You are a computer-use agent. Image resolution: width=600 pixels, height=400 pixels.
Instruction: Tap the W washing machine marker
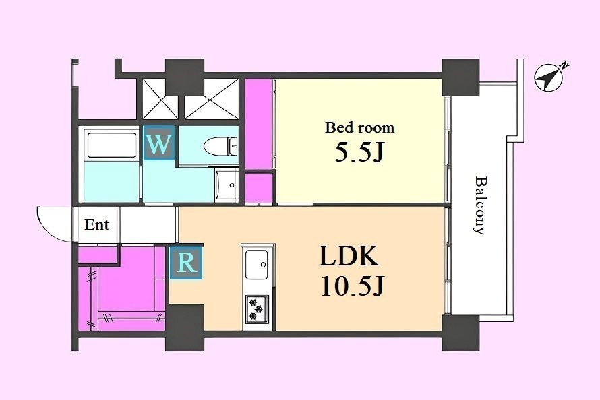click(159, 143)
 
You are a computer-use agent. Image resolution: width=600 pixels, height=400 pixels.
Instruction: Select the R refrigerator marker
click(186, 263)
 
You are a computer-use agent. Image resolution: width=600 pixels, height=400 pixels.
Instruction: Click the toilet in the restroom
click(220, 146)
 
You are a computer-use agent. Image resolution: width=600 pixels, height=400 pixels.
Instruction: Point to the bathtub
click(112, 145)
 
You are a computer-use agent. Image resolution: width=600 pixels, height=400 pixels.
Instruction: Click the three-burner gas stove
click(257, 308)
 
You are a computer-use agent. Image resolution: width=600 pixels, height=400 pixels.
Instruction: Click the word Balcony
click(479, 205)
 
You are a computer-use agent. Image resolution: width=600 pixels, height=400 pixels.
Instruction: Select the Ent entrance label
click(97, 224)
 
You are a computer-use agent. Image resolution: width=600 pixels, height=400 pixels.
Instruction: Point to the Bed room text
click(360, 127)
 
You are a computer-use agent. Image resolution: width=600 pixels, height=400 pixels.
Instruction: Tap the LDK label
click(349, 256)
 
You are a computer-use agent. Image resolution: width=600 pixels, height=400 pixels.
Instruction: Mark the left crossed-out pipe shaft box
click(160, 98)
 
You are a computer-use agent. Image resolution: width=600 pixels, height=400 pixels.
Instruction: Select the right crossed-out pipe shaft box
click(212, 98)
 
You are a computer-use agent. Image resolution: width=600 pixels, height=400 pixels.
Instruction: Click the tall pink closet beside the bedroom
click(259, 124)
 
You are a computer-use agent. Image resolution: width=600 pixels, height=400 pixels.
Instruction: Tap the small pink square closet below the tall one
click(259, 188)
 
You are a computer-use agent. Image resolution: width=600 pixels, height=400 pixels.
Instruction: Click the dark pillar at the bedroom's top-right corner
click(460, 77)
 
